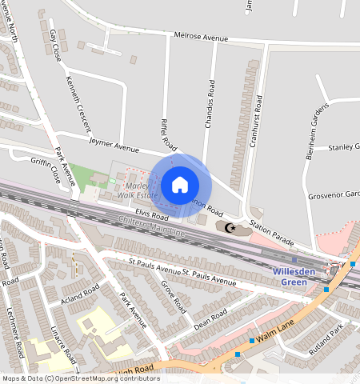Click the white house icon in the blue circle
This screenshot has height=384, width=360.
click(x=180, y=185)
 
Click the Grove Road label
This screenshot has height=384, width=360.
click(x=172, y=296)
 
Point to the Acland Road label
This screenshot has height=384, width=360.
click(x=79, y=295)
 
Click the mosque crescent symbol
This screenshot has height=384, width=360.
click(x=231, y=228)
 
